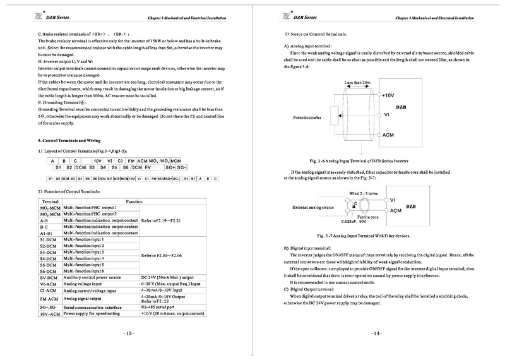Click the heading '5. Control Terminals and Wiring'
(69, 139)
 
